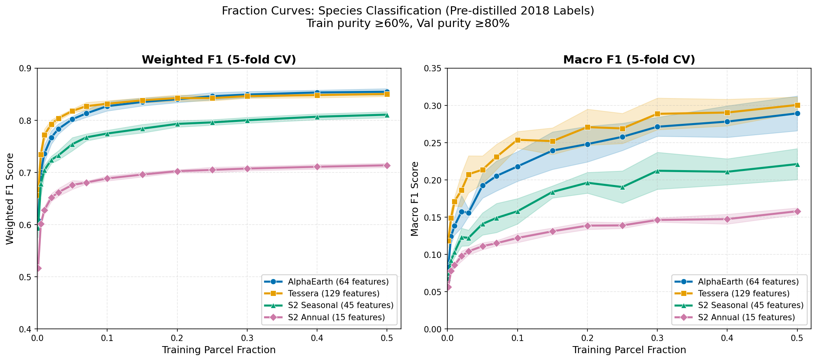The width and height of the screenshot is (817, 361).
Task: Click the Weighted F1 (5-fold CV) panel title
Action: point(219,60)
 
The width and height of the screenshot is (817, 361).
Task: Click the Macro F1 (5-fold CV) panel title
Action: point(629,60)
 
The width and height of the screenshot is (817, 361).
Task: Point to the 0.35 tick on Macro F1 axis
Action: point(436,68)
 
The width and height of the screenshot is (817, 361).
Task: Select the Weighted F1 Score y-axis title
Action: point(10,199)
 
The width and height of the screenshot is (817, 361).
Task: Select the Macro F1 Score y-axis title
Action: point(415,199)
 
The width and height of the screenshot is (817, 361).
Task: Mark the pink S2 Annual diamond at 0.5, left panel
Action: point(387,165)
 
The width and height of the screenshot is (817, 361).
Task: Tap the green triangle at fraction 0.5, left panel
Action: point(387,115)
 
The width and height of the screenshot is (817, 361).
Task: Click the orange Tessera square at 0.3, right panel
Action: point(657,114)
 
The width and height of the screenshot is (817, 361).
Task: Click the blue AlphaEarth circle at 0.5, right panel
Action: point(797,113)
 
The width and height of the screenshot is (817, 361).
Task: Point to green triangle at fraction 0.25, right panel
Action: point(622,187)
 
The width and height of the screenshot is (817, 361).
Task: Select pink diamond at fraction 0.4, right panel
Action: point(727,219)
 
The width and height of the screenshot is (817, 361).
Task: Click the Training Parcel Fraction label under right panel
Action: point(629,350)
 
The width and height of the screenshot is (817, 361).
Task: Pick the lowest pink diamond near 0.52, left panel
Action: point(38,268)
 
